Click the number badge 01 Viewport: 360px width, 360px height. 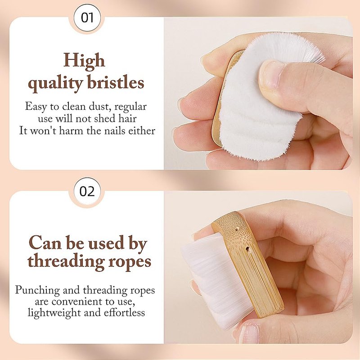(x=87, y=18)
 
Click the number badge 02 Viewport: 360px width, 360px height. (x=87, y=191)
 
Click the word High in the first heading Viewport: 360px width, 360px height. (x=84, y=61)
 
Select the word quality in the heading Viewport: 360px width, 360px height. (x=55, y=84)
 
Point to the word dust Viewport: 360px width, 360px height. (x=100, y=107)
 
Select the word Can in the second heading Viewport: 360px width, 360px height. (x=45, y=243)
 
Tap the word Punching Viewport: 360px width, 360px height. (x=37, y=290)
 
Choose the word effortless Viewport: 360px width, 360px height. (x=124, y=313)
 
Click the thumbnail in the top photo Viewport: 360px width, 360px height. (x=273, y=74)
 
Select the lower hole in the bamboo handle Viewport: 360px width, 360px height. (x=247, y=248)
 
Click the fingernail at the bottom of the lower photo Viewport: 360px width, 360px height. (x=248, y=334)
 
